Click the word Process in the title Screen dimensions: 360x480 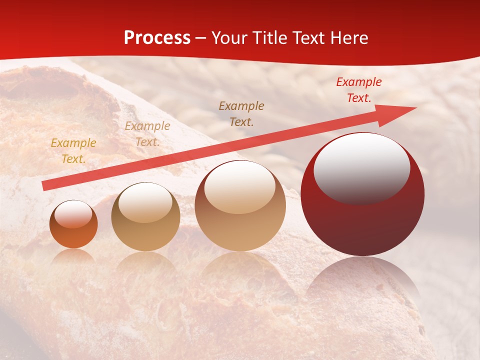[157, 38]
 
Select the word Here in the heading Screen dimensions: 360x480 [349, 38]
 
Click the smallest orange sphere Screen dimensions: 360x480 [73, 224]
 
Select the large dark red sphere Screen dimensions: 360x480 [362, 195]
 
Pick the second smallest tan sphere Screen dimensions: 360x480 [145, 216]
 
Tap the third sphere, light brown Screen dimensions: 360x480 [240, 205]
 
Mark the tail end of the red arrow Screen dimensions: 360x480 [45, 186]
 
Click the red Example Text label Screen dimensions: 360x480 [359, 90]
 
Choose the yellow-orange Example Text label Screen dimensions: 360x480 [73, 151]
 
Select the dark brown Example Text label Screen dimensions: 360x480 [241, 113]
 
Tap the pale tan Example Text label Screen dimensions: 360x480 [147, 134]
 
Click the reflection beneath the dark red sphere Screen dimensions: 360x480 [362, 280]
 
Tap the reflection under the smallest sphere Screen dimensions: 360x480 [73, 256]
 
